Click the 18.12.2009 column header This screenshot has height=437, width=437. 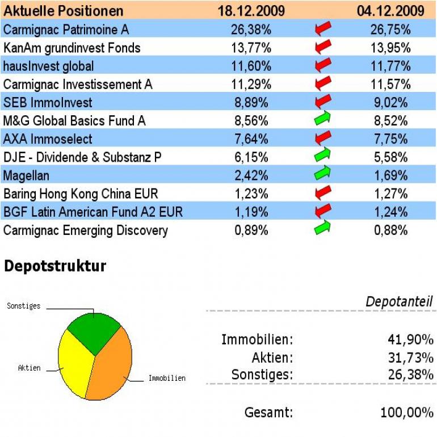point(251,11)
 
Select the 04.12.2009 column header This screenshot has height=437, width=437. point(390,11)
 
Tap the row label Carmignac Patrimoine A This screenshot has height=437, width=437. point(66,29)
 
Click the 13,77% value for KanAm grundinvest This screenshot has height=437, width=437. point(251,48)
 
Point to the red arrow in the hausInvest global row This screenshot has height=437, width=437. point(322,65)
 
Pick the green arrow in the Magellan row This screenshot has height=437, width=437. point(322,174)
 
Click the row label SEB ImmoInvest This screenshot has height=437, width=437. point(48,103)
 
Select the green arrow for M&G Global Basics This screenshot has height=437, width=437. point(322,119)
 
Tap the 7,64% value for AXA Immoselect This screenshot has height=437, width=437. point(251,139)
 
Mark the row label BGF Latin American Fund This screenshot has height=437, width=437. point(93,212)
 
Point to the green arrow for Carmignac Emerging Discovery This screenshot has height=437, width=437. point(322,228)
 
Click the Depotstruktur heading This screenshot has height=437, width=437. point(54,266)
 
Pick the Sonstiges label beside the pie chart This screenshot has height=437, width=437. point(23,306)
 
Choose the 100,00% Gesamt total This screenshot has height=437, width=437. point(406,413)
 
